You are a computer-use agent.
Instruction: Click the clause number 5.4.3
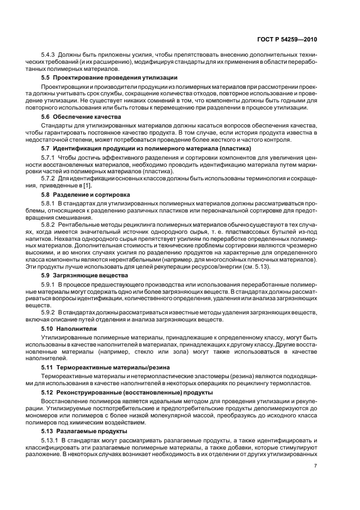(50, 56)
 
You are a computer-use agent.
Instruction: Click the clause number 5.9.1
(50, 284)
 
